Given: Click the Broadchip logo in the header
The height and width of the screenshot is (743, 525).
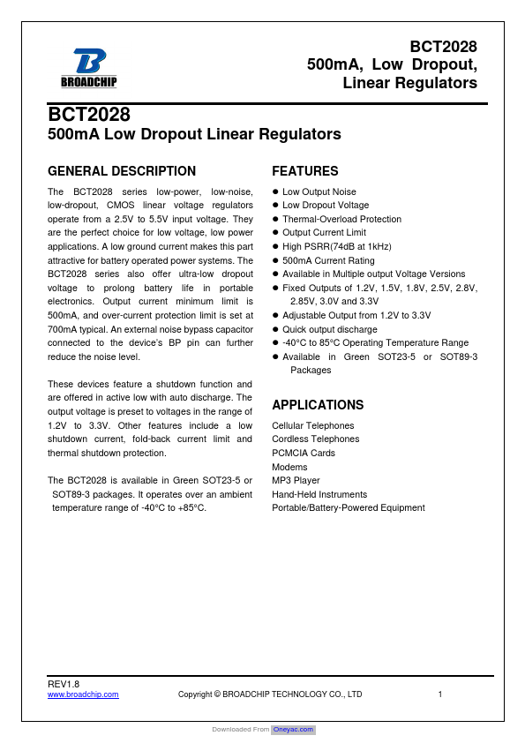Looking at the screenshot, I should point(88,66).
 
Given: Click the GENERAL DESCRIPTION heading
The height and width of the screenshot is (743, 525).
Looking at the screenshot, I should point(121,171).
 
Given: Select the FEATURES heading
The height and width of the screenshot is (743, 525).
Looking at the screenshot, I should point(304,171).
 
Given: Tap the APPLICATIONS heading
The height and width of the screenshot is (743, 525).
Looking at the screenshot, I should point(318,405).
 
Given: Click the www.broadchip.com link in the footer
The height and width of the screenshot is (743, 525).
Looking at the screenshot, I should point(83,694).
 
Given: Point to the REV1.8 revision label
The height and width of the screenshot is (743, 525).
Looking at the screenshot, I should point(64,684).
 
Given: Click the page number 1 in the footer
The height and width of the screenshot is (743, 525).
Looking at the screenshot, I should point(439,694).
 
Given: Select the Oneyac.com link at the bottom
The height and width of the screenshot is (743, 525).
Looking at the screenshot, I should point(293,730).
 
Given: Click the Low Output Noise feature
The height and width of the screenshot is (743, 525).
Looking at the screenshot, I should point(319,191).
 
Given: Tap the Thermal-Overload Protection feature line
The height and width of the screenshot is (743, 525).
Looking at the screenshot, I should point(341,219).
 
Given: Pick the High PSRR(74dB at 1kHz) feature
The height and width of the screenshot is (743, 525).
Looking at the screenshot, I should point(336,246).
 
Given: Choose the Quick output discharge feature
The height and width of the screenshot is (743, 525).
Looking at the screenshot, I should point(329,329).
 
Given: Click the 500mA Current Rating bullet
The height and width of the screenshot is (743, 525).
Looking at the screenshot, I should point(327,260).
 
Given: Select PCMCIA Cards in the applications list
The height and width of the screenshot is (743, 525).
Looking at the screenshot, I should point(304,453).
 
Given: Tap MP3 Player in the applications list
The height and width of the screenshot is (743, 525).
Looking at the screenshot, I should point(296,480).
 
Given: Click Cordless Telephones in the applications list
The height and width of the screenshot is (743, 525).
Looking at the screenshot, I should point(315,439).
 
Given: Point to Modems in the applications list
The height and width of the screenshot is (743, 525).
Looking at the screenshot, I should point(289,467).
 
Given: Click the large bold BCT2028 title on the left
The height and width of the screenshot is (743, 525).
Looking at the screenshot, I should point(89,116).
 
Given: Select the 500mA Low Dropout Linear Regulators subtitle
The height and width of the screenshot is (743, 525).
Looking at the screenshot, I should point(194,135).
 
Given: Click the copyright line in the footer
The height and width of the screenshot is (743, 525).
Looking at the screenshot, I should point(270,694).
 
